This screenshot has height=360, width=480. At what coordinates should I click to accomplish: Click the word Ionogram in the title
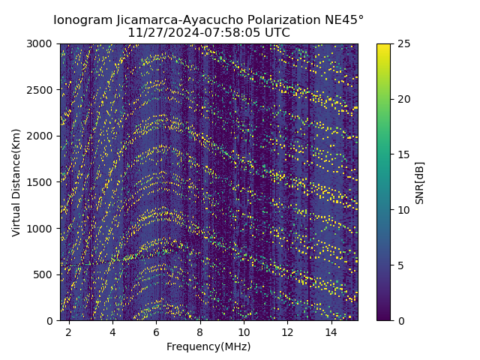[81, 19]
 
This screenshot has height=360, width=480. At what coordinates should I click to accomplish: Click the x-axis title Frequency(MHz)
[208, 346]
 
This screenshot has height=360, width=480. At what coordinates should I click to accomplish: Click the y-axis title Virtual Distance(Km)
[16, 182]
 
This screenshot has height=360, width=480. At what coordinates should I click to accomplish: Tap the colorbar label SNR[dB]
[420, 182]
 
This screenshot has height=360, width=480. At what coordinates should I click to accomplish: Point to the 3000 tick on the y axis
[42, 43]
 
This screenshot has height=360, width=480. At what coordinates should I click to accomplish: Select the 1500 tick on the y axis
[42, 182]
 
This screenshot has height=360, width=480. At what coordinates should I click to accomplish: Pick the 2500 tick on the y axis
[42, 90]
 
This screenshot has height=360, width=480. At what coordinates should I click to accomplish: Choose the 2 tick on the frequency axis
[69, 331]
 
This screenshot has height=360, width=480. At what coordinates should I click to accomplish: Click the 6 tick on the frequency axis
[157, 331]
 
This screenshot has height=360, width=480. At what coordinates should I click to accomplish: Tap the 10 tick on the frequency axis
[244, 331]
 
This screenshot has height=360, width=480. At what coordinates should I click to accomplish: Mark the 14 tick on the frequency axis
[331, 331]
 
